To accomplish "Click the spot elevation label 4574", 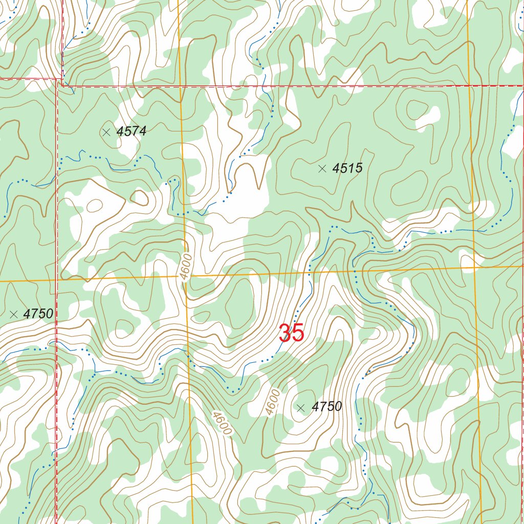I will (132, 132).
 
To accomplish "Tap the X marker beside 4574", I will (106, 132).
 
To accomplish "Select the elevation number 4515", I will (347, 168).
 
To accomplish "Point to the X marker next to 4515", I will (322, 168).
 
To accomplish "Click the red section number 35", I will (292, 334).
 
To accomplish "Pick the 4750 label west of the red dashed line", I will (38, 314).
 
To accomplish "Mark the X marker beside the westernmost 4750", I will (14, 314).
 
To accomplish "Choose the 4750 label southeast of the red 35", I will (326, 407).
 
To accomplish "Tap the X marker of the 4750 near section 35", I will (301, 407).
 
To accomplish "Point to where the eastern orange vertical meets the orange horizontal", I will (474, 267).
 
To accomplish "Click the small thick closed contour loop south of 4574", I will (139, 197).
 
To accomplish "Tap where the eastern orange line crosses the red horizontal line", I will (469, 85).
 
